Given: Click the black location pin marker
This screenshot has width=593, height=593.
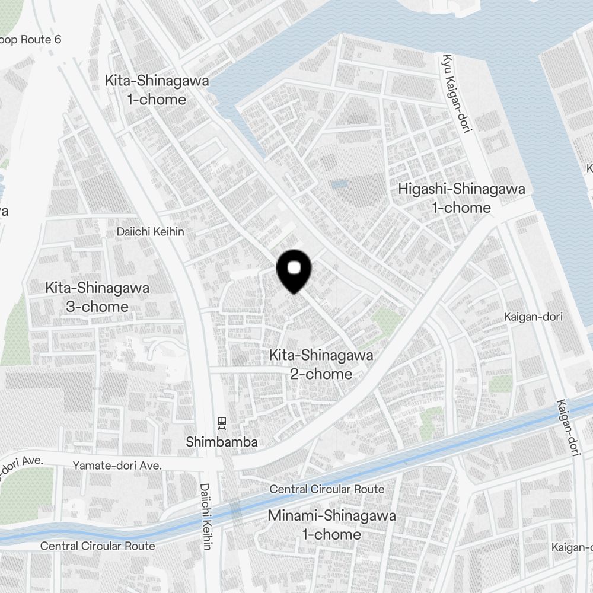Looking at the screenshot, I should [x=294, y=270].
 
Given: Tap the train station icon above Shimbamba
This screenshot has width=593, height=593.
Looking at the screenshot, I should [x=222, y=423].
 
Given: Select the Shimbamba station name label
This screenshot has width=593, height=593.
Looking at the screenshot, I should [x=222, y=442].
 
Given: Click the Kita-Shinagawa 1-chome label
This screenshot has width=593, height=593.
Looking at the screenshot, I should [x=157, y=90].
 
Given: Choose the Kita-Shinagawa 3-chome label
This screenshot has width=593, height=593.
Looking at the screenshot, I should [x=97, y=297].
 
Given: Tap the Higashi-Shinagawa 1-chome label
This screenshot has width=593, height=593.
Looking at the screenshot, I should [x=461, y=198].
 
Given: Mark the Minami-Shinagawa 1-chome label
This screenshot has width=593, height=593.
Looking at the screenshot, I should [x=331, y=525].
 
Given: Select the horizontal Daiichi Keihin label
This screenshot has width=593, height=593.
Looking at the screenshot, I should [x=151, y=232].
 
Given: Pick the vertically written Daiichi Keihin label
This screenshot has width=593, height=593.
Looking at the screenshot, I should [x=205, y=515].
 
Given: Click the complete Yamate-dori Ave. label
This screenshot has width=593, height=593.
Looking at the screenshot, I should [x=117, y=466].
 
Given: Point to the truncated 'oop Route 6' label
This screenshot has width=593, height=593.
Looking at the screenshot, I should [x=31, y=40].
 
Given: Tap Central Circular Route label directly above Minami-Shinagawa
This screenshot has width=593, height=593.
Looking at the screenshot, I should [x=327, y=489].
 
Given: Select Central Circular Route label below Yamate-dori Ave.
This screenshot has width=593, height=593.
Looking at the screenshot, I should [x=98, y=546].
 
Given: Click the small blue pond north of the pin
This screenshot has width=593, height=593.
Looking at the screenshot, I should [x=339, y=185].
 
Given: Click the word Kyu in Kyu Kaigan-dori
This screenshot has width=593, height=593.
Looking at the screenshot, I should [x=447, y=63].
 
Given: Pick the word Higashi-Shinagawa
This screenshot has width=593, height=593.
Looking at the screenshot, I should [x=461, y=189].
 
